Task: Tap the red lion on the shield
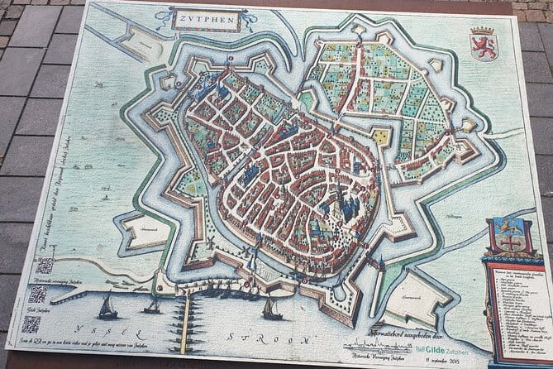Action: tap(484, 46)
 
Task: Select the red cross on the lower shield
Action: tap(511, 242)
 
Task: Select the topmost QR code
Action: tap(45, 266)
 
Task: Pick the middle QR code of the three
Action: tap(38, 294)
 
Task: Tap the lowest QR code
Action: tap(31, 323)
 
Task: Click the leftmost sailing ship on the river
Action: tap(107, 309)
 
